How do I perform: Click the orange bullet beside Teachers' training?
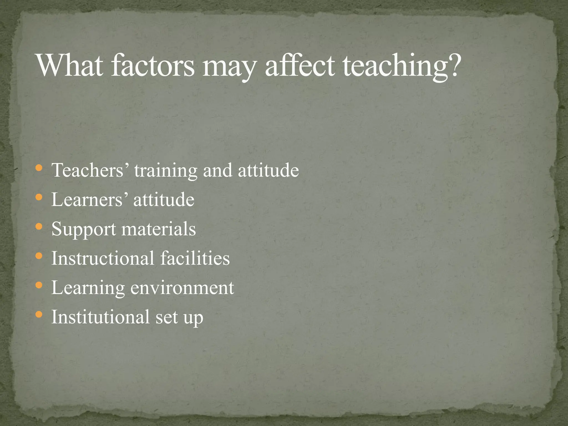[x=39, y=168]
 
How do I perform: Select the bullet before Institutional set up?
[x=39, y=315]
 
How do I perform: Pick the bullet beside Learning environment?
[x=39, y=285]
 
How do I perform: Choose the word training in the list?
[x=166, y=171]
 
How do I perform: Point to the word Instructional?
[x=103, y=258]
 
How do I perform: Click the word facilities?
[x=195, y=258]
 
